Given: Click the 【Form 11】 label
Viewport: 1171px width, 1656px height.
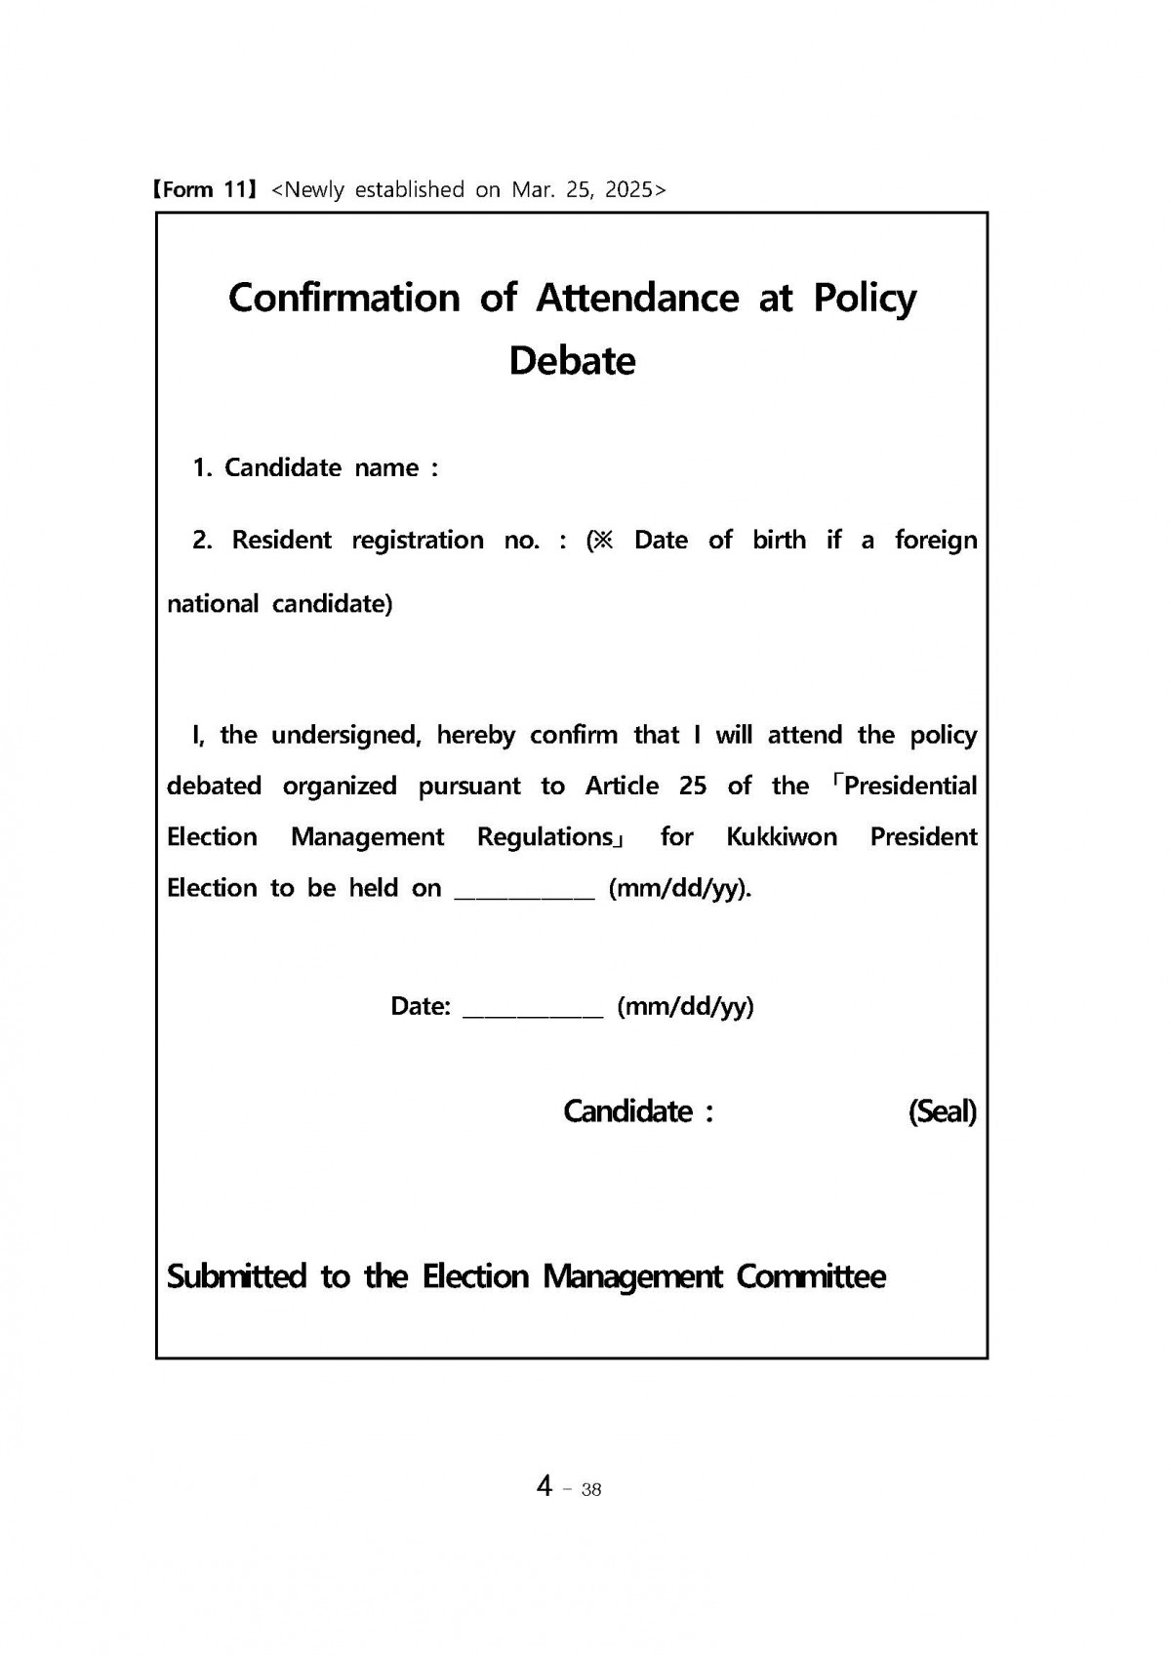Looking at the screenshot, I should pos(203,189).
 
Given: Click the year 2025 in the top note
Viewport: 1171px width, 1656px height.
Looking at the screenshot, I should pos(628,189).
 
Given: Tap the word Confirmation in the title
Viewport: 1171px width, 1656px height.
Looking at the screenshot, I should pos(343,298).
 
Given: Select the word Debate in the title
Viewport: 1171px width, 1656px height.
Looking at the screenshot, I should pos(572,361).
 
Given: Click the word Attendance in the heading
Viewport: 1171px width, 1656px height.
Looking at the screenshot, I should pos(636,298).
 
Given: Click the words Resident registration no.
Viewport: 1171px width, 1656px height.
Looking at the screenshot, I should pos(385,541).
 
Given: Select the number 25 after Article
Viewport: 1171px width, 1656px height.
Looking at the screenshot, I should pos(692,787).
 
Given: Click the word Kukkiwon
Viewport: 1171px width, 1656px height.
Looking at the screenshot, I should pos(781,837).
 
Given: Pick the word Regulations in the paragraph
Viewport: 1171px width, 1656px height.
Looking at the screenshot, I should pos(545,837).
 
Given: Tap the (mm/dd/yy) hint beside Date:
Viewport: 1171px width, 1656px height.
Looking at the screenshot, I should pos(685,1007).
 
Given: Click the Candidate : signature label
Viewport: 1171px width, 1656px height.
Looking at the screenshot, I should pos(638,1111).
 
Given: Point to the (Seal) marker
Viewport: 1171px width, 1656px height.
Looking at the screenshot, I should pos(942,1111).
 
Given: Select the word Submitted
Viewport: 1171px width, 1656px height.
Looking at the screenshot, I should pos(236,1276).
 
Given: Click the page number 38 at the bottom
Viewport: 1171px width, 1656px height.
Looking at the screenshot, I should pos(590,1489).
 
